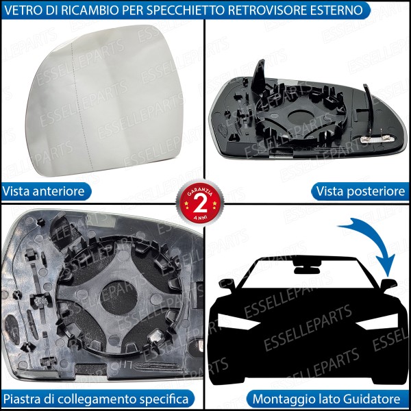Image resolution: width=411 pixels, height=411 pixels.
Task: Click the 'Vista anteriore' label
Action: [44, 192]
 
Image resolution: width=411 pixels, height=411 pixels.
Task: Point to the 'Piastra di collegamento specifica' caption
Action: [95, 398]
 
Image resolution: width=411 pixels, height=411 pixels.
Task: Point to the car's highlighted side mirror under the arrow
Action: [389, 284]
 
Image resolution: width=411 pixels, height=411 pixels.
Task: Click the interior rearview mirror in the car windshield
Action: [302, 262]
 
